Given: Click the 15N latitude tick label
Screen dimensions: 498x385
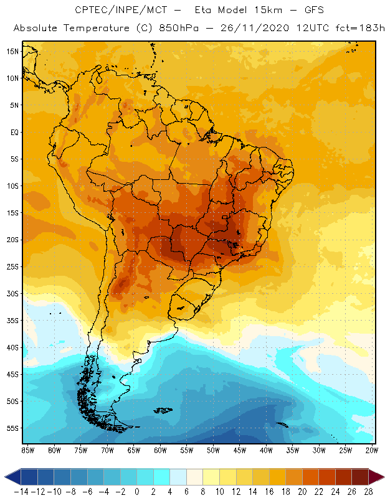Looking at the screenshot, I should point(12,51).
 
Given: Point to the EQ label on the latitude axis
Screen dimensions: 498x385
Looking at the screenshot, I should point(14,132).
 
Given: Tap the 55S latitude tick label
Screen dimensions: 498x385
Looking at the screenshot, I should point(12,428).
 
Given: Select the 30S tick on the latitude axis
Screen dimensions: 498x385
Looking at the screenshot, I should point(12,294).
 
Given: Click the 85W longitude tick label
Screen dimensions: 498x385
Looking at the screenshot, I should point(27,450).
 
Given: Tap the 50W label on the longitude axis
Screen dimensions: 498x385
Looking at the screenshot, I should point(214,450).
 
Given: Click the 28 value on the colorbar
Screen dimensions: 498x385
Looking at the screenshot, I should point(368,492).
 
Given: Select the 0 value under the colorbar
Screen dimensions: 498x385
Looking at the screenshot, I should point(136,492).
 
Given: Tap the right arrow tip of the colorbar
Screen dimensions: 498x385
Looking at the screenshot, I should point(381,477).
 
